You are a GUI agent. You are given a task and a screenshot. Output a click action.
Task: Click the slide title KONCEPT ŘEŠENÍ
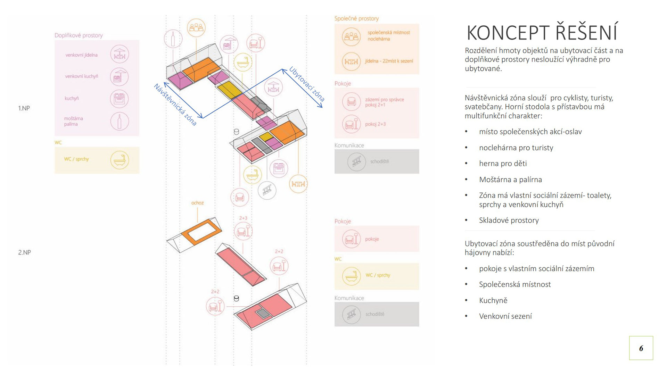pyautogui.click(x=542, y=33)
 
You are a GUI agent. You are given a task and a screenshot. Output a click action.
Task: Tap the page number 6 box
pyautogui.click(x=641, y=348)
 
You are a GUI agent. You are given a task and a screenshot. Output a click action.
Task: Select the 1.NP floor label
pyautogui.click(x=24, y=108)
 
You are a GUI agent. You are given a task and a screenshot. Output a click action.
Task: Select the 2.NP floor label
pyautogui.click(x=24, y=252)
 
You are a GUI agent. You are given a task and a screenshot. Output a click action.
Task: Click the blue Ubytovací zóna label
pyautogui.click(x=307, y=84)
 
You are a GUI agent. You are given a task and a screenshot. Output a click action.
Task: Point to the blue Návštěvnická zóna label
pyautogui.click(x=175, y=104)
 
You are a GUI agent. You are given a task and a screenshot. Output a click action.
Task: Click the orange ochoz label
pyautogui.click(x=197, y=203)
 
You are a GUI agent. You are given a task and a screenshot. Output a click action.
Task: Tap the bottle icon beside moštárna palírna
pyautogui.click(x=120, y=122)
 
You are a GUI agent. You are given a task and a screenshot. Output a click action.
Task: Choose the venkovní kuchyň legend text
pyautogui.click(x=82, y=76)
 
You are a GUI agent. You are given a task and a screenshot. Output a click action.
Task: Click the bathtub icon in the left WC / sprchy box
pyautogui.click(x=120, y=160)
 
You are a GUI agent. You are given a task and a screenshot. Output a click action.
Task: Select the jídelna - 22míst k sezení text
pyautogui.click(x=389, y=61)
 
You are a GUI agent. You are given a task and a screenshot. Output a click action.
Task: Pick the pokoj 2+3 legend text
pyautogui.click(x=375, y=124)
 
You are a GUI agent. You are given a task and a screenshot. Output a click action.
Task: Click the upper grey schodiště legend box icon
pyautogui.click(x=356, y=161)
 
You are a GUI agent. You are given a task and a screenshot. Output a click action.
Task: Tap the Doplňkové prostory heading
pyautogui.click(x=79, y=35)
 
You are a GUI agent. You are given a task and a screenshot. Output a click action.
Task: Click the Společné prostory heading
pyautogui.click(x=356, y=19)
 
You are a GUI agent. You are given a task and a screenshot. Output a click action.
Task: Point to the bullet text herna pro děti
pyautogui.click(x=503, y=164)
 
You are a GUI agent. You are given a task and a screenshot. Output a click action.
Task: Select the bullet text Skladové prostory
pyautogui.click(x=509, y=220)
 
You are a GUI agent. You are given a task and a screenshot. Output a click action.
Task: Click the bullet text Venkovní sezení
pyautogui.click(x=505, y=316)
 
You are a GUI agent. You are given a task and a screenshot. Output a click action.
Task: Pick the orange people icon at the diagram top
pyautogui.click(x=196, y=27)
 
